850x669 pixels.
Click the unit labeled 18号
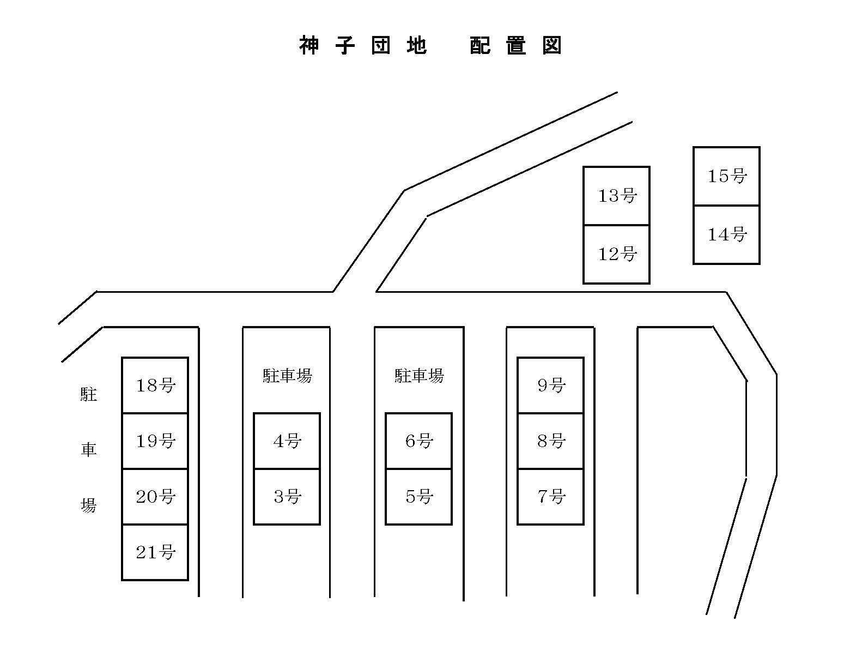pos(155,385)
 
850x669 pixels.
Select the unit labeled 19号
pos(155,441)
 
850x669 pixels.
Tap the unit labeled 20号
pos(155,497)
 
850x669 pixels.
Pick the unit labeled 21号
pos(155,552)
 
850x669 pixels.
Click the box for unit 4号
pos(287,441)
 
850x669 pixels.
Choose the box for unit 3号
pos(287,497)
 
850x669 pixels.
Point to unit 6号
pos(419,441)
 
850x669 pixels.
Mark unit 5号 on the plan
pos(419,497)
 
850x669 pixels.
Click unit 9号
pos(551,385)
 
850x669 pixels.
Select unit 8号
pos(551,441)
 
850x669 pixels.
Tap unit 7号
pos(551,497)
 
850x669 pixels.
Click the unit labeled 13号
pos(617,196)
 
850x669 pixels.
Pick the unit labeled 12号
pos(617,254)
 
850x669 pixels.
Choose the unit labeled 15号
pos(727,176)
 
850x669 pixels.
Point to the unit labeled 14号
pos(727,234)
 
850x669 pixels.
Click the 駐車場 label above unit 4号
pos(287,376)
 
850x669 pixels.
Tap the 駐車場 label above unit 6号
pos(419,376)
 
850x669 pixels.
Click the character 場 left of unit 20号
pos(88,505)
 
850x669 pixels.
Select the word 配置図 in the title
pos(515,46)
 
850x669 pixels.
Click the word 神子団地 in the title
pos(363,46)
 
